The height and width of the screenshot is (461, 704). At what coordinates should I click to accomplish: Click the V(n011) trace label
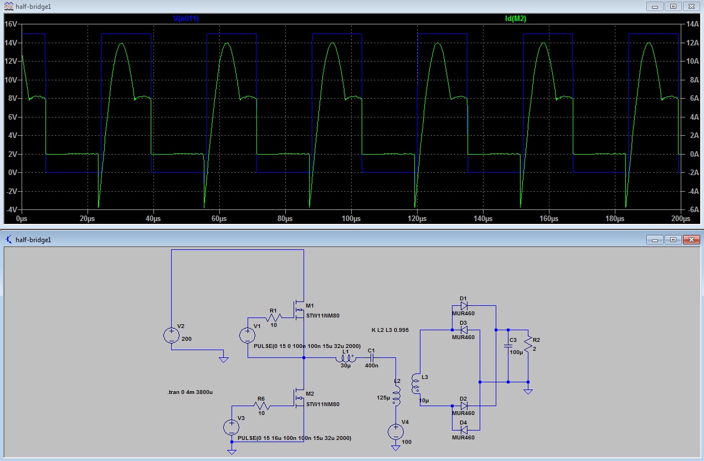tap(186, 18)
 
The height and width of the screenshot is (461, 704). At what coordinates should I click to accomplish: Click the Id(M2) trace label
tap(516, 18)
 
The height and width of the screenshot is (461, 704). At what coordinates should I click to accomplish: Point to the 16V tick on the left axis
tap(11, 24)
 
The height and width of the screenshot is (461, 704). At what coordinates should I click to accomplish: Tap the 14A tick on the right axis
tap(692, 24)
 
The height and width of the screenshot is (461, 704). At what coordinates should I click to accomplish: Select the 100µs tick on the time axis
tap(351, 218)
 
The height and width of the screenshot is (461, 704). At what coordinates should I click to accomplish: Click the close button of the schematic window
tap(691, 240)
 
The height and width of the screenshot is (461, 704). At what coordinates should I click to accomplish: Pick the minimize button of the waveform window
tap(655, 7)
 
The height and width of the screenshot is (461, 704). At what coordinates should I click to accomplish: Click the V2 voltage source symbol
tap(171, 335)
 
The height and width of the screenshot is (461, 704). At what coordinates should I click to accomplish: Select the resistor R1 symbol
tap(274, 317)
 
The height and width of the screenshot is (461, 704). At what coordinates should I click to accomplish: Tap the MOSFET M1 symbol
tap(299, 310)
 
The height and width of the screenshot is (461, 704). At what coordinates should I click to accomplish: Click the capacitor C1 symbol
tap(371, 357)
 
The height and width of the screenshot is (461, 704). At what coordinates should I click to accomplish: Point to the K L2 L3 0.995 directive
tap(390, 330)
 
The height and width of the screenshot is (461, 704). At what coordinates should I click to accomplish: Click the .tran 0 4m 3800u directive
tap(190, 392)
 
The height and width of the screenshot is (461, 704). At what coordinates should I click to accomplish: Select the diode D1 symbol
tap(464, 305)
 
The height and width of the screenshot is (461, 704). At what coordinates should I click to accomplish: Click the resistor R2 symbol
tap(528, 344)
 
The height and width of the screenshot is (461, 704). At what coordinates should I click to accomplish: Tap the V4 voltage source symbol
tap(395, 432)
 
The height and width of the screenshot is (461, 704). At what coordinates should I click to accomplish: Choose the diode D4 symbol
tap(464, 430)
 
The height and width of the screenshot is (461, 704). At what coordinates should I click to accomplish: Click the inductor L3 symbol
tap(415, 383)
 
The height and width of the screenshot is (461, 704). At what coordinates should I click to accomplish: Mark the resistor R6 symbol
tap(261, 406)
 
